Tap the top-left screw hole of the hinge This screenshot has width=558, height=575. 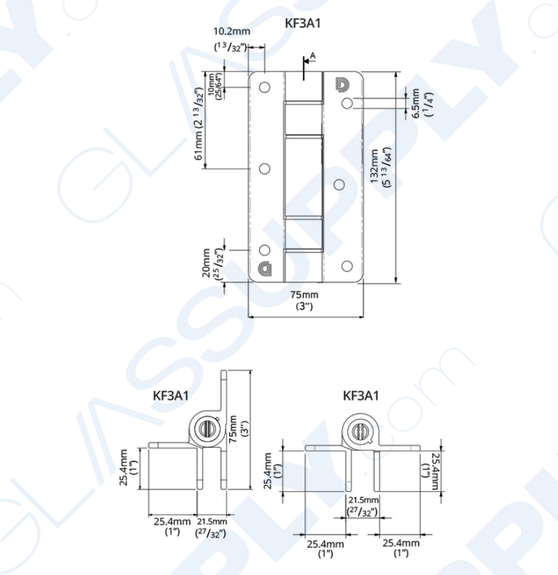(265, 87)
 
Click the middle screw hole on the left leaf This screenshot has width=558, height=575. (265, 169)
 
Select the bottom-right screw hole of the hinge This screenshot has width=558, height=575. (347, 266)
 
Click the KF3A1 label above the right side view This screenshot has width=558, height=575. (361, 396)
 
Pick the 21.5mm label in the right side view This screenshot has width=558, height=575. (361, 500)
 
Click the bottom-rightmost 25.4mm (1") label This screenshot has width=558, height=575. (401, 543)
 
